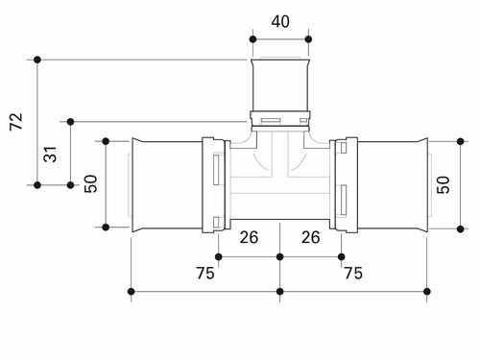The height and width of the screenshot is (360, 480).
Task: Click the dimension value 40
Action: (280, 22)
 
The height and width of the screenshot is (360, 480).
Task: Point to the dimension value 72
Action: (16, 121)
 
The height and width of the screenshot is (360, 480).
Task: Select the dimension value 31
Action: (50, 155)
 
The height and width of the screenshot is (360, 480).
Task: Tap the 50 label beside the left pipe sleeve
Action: (90, 183)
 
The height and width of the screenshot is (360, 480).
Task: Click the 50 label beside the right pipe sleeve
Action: (444, 184)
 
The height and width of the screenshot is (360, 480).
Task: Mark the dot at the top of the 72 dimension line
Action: (37, 60)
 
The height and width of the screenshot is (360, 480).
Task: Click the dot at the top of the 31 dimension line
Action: (71, 122)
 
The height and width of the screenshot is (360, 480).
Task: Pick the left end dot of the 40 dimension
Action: (252, 39)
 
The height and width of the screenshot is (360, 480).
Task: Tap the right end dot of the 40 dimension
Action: (308, 39)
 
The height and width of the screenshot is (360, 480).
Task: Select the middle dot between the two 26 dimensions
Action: (280, 256)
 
